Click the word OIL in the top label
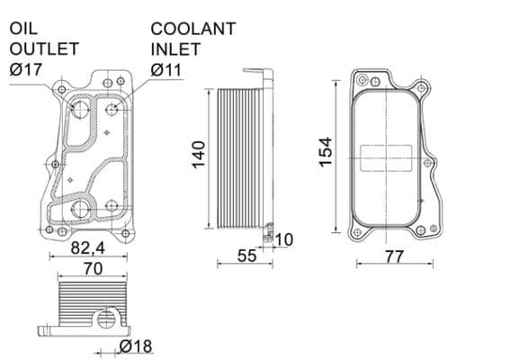click(24, 29)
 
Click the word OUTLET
click(44, 49)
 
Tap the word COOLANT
click(192, 29)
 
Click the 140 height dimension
click(200, 153)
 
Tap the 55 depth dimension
click(246, 256)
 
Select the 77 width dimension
click(392, 256)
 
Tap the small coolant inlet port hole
click(112, 110)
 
